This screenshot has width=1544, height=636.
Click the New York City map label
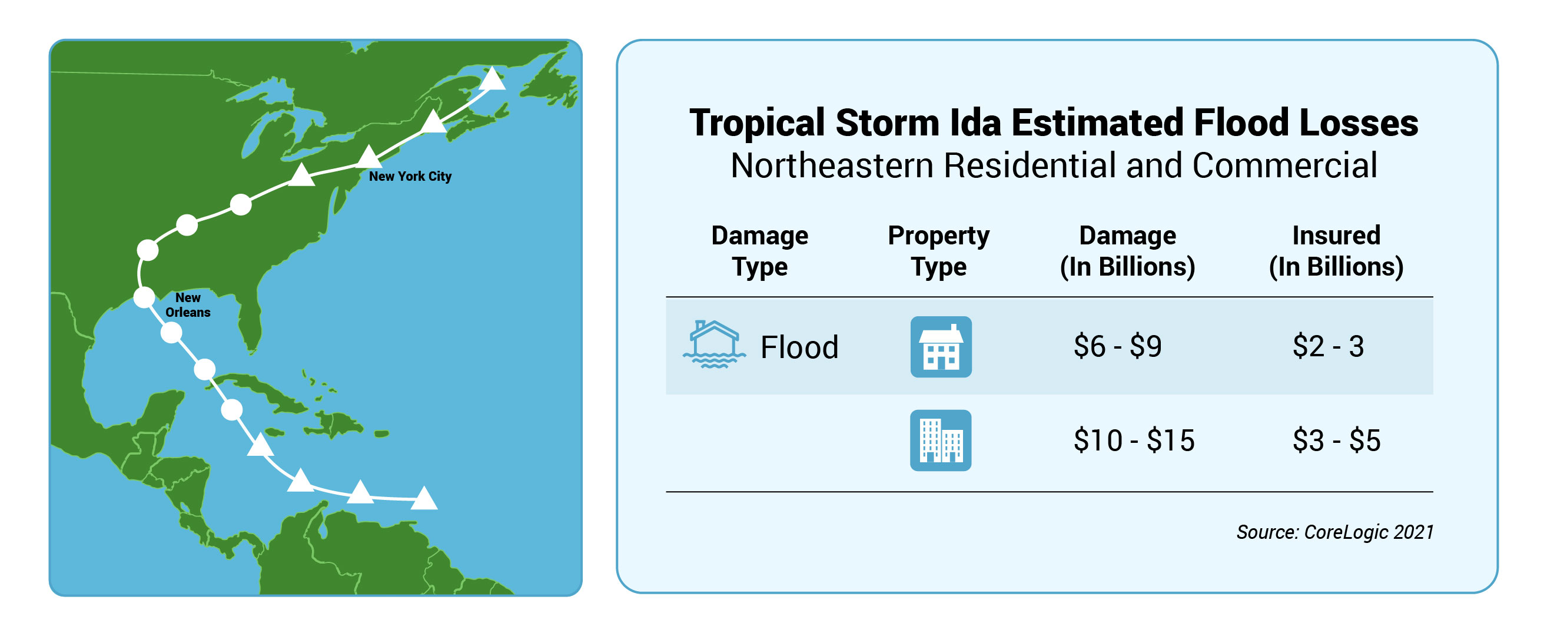tap(410, 176)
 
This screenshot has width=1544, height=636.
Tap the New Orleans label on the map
tap(188, 304)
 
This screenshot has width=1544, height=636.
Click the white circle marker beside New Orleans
tap(144, 297)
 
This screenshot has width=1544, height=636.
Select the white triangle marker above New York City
tap(369, 157)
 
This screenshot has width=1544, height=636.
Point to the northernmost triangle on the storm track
tap(493, 78)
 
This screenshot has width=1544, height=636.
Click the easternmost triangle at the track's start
tap(424, 498)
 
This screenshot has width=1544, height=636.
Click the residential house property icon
tap(941, 347)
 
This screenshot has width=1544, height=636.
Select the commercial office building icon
tap(941, 440)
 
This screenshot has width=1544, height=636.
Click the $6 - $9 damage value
tap(1118, 346)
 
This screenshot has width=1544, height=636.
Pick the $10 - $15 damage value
tap(1134, 440)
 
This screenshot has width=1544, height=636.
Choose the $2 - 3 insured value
tap(1328, 346)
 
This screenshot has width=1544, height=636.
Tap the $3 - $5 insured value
tap(1337, 440)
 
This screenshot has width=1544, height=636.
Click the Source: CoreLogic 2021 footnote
tap(1335, 532)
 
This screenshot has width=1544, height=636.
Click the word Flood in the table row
tap(799, 347)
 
